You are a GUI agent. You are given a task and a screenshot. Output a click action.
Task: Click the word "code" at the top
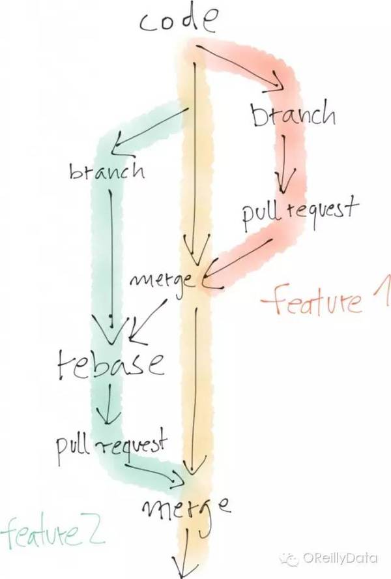point(177,23)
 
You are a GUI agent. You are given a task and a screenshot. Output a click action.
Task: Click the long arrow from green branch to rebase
point(112,254)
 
